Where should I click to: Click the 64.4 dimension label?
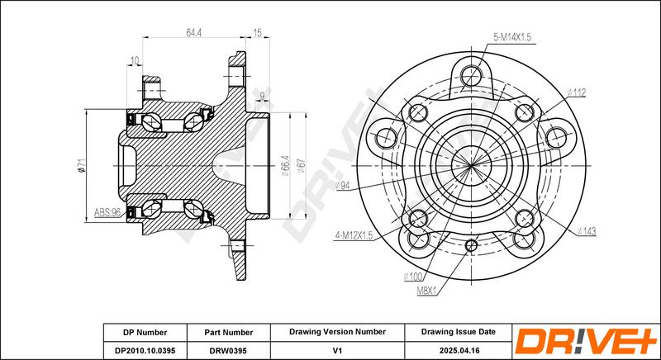(193, 33)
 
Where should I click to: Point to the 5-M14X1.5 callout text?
(512, 37)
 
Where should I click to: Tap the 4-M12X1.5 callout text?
(354, 235)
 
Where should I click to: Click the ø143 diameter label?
(586, 230)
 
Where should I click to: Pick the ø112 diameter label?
(576, 92)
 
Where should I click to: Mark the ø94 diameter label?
(343, 185)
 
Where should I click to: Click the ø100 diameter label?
(412, 277)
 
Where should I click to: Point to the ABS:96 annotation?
(108, 213)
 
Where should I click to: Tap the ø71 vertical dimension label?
(81, 164)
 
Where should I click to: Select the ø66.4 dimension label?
(285, 165)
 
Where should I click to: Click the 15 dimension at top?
(257, 33)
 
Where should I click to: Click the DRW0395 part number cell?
(229, 350)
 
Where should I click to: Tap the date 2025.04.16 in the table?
(459, 350)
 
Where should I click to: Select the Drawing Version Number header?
(337, 332)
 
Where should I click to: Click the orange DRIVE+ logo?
(587, 341)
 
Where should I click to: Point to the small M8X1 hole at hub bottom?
(471, 245)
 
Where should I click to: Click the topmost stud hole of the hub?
(470, 76)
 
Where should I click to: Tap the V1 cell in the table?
(337, 350)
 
